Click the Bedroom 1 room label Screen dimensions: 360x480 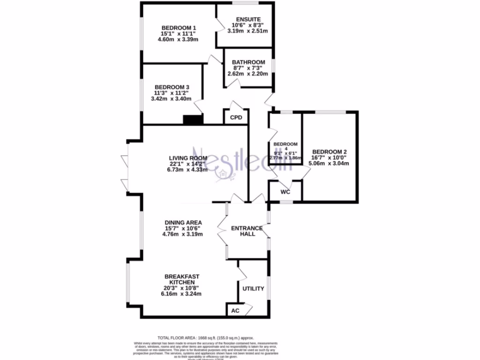[x=178, y=27]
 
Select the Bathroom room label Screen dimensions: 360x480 [x=248, y=62]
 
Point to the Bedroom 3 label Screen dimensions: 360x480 [x=172, y=87]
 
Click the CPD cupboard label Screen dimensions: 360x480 [x=236, y=118]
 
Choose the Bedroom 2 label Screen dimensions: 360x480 [x=330, y=152]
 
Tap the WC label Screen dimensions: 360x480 [x=285, y=192]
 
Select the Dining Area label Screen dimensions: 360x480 [x=183, y=222]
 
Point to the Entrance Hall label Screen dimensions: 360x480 [x=247, y=231]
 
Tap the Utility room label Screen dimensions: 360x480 [x=253, y=289]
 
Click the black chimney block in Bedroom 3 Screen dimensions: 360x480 [x=193, y=120]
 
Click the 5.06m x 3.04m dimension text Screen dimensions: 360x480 [x=330, y=164]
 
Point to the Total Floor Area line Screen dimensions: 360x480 [x=205, y=337]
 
